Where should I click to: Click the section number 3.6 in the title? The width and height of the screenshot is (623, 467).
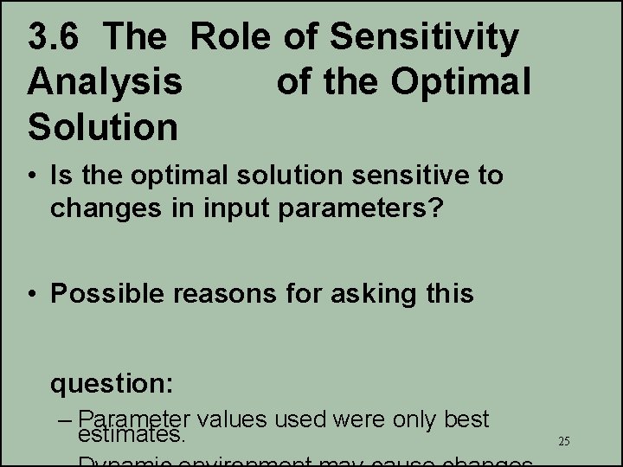[x=56, y=38]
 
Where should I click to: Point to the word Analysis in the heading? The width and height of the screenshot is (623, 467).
[x=105, y=83]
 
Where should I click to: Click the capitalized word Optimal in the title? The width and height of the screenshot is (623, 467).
[x=460, y=82]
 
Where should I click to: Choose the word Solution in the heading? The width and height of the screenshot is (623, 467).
[x=102, y=126]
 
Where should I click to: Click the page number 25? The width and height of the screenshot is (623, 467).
[x=563, y=441]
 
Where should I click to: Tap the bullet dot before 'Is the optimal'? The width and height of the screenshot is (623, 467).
[x=31, y=176]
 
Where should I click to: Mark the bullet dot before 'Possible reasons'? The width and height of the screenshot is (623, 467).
[x=31, y=294]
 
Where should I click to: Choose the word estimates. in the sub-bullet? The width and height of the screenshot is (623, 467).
[x=132, y=433]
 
